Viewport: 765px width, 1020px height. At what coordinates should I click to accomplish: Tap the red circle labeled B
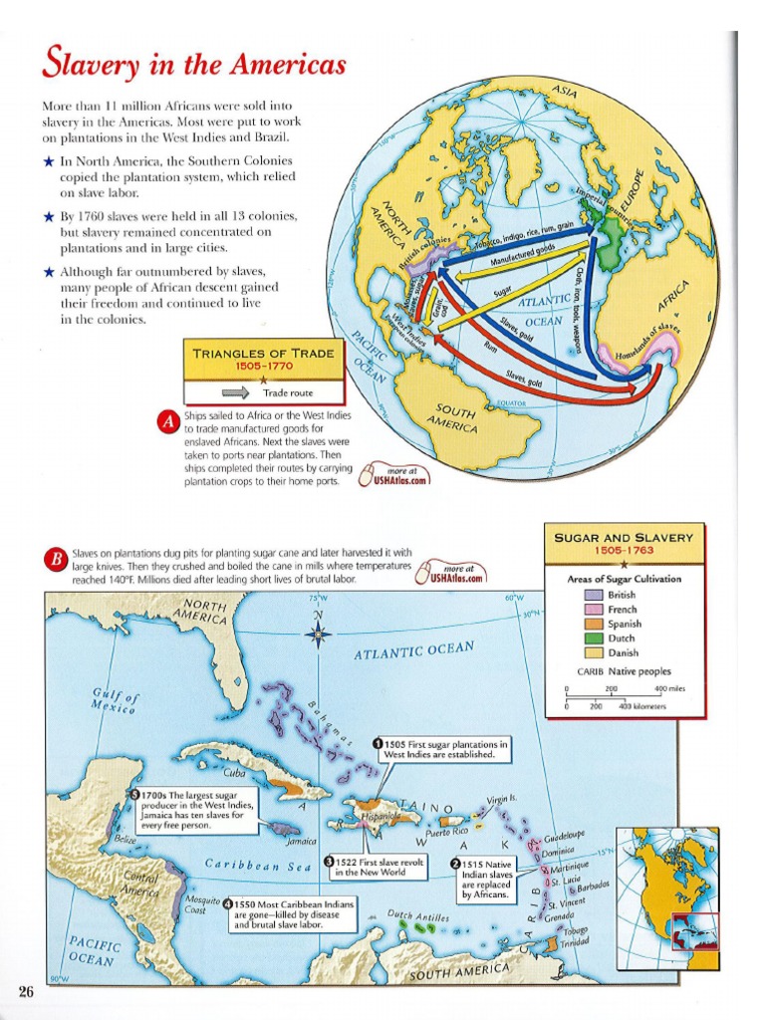[57, 561]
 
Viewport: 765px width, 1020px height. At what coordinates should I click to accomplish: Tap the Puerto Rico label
[447, 831]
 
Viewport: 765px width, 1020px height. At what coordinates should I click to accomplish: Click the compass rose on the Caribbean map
[318, 634]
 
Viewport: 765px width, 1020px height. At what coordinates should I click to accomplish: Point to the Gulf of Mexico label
[115, 700]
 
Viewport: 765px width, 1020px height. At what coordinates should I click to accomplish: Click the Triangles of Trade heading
[263, 354]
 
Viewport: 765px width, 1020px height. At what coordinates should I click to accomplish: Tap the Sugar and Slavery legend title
[624, 538]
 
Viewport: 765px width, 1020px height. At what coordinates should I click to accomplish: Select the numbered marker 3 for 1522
[329, 862]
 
